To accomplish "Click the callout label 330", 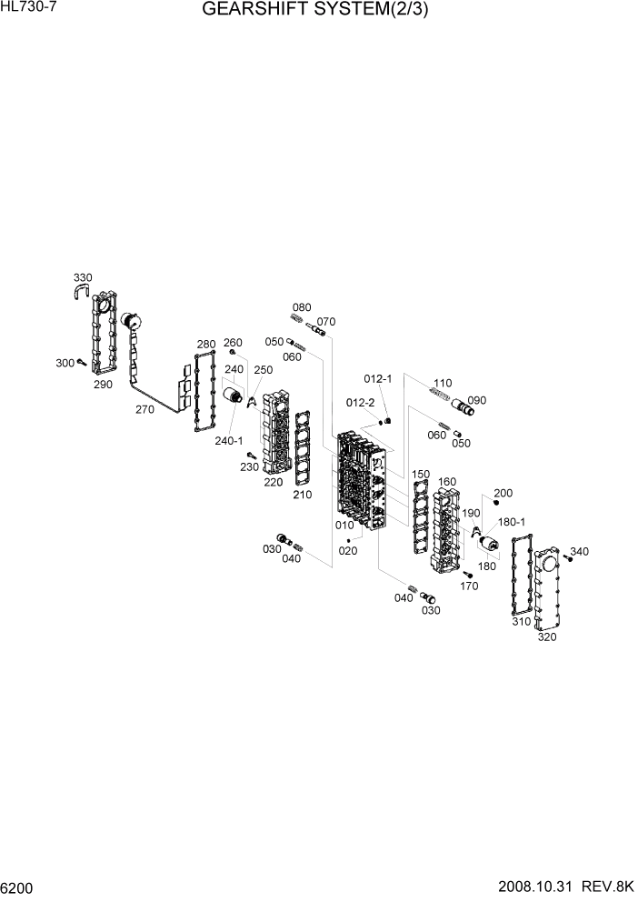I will click(83, 277).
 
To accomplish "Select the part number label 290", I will click(102, 384).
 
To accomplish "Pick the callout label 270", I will click(145, 409).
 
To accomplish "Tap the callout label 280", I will click(206, 344).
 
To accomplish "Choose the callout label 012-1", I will click(377, 378).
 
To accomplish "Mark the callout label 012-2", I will click(360, 402).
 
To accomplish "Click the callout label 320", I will click(547, 636).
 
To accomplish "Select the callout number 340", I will click(579, 551).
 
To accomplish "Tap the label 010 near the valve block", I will click(344, 525).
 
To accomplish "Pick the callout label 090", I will click(476, 399).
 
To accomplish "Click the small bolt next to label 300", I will click(81, 363).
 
